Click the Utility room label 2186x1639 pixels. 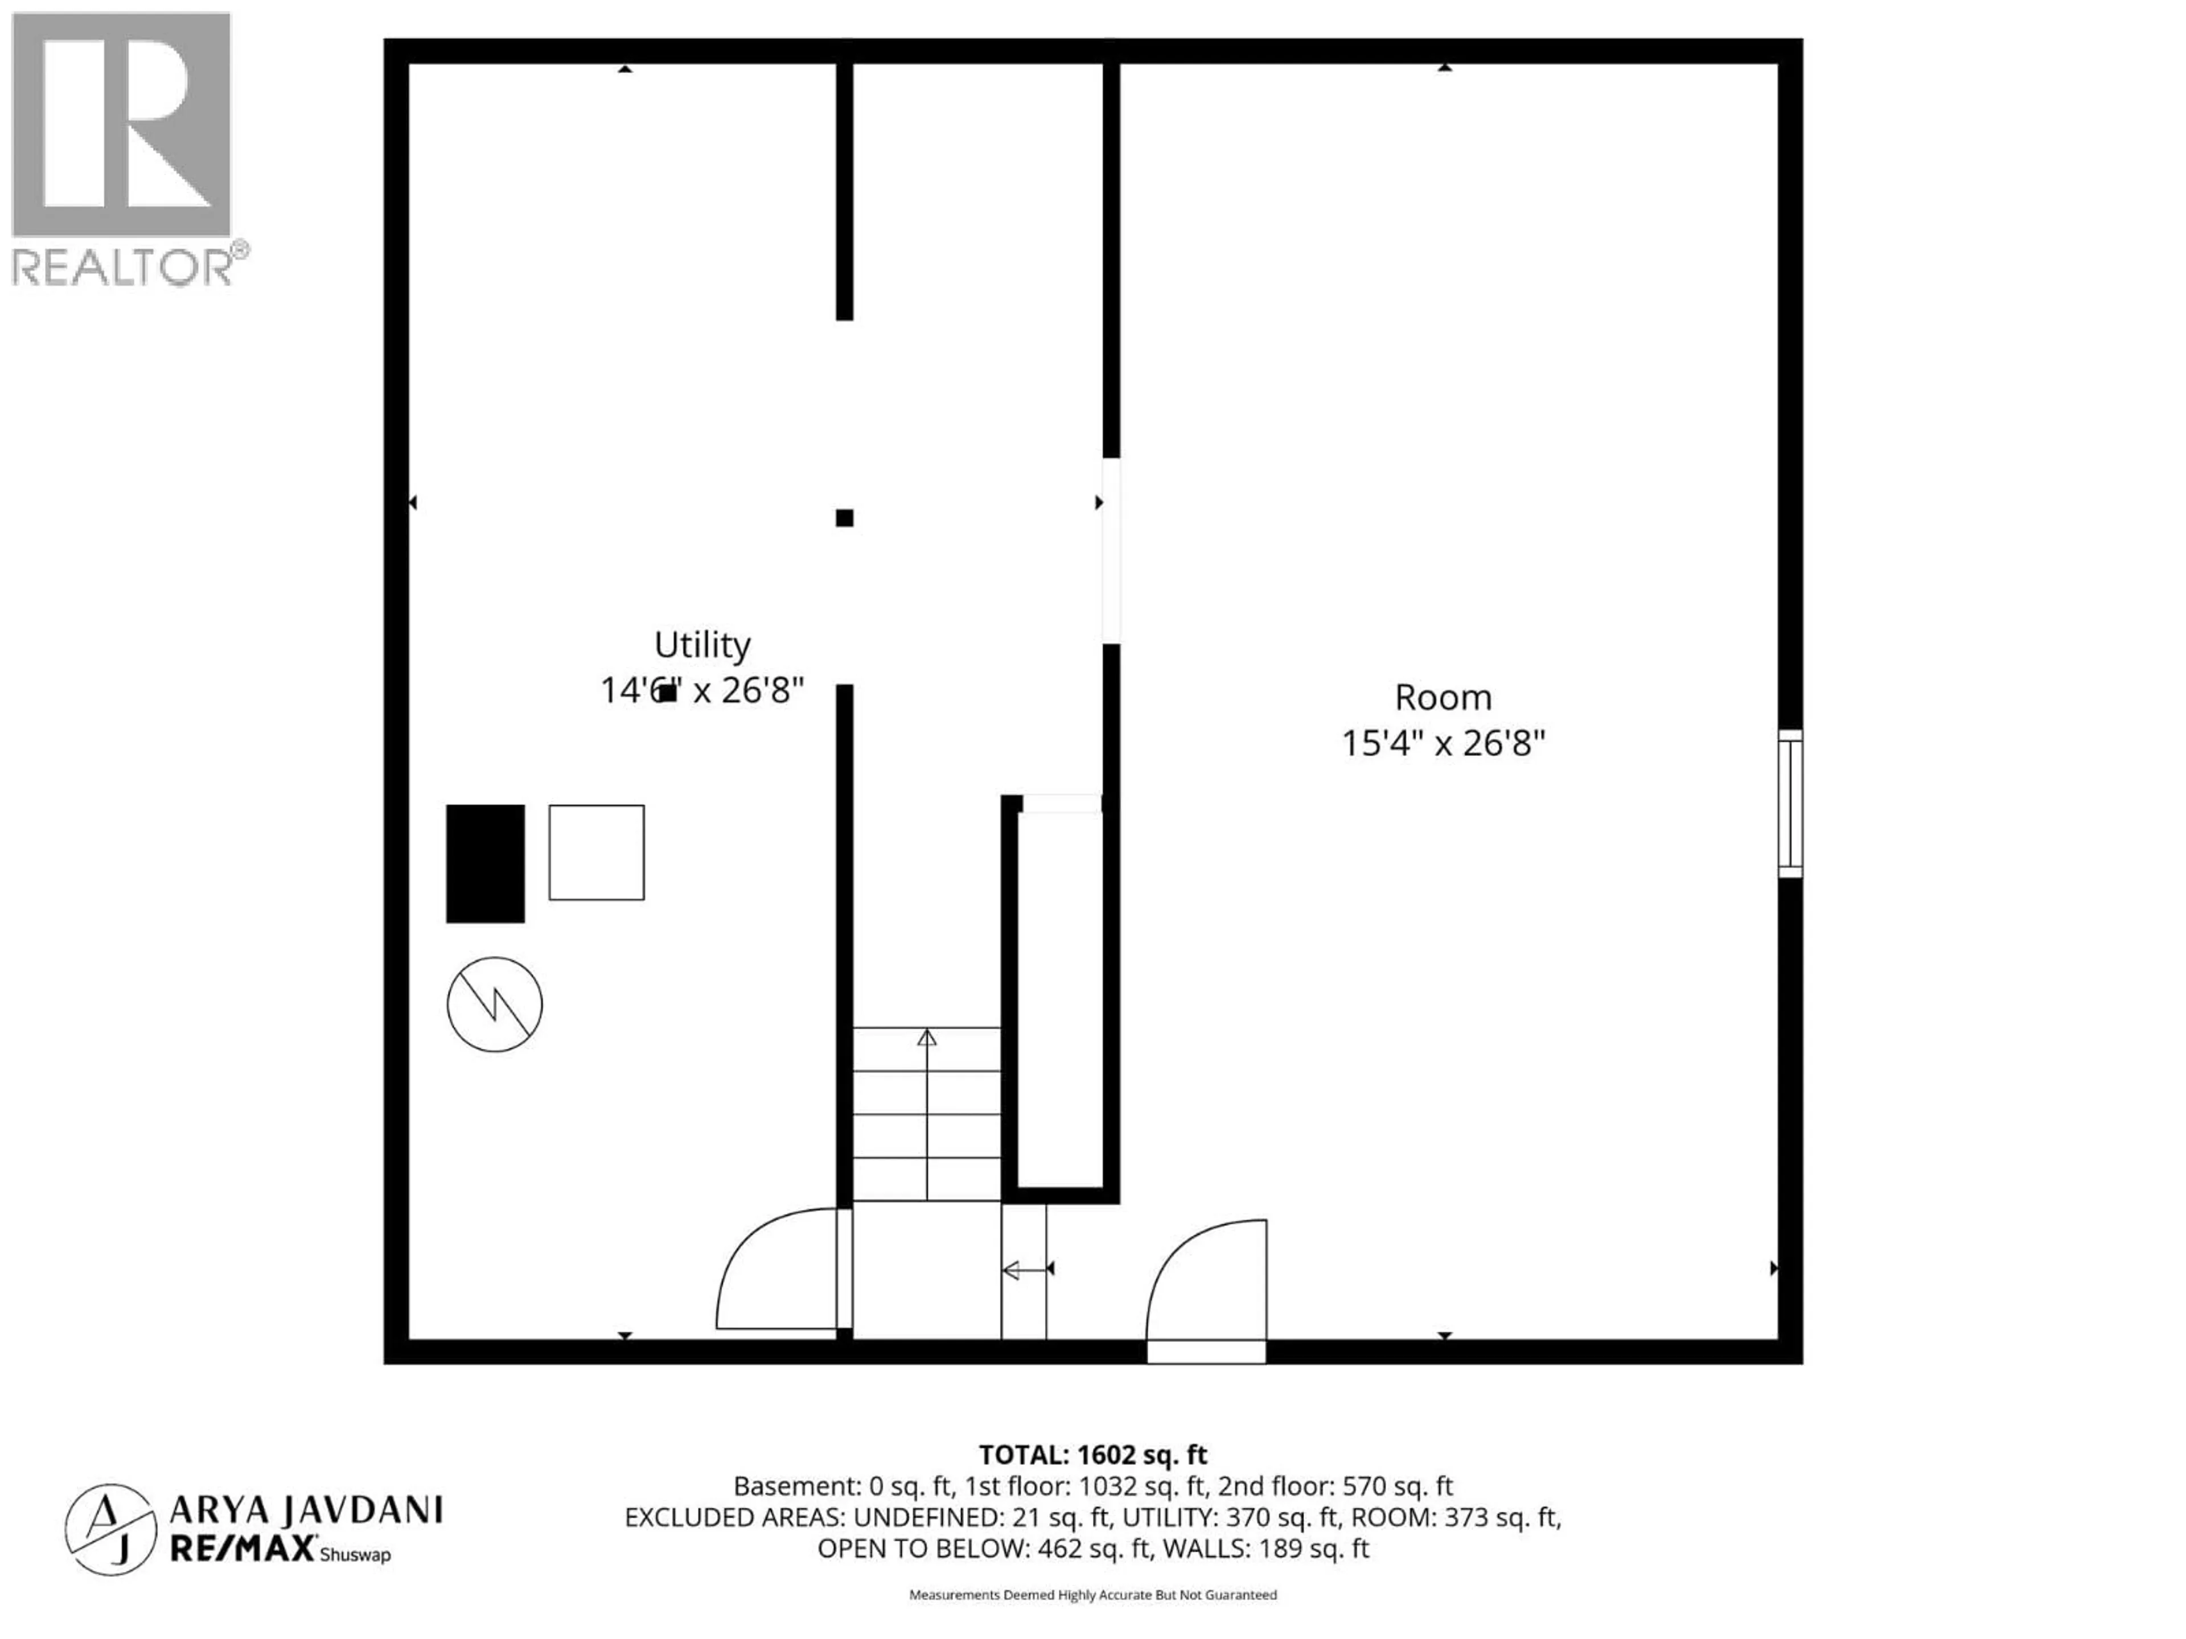click(x=702, y=645)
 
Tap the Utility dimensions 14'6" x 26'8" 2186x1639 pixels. click(x=702, y=690)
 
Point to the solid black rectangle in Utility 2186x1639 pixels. click(x=485, y=863)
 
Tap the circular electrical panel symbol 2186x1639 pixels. click(x=494, y=1004)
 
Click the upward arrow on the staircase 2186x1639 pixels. click(x=927, y=1039)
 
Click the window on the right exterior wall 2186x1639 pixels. click(x=1790, y=803)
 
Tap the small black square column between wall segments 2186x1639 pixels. click(x=844, y=518)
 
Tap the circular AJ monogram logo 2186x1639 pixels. click(x=110, y=1529)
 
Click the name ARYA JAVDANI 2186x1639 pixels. click(x=306, y=1510)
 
